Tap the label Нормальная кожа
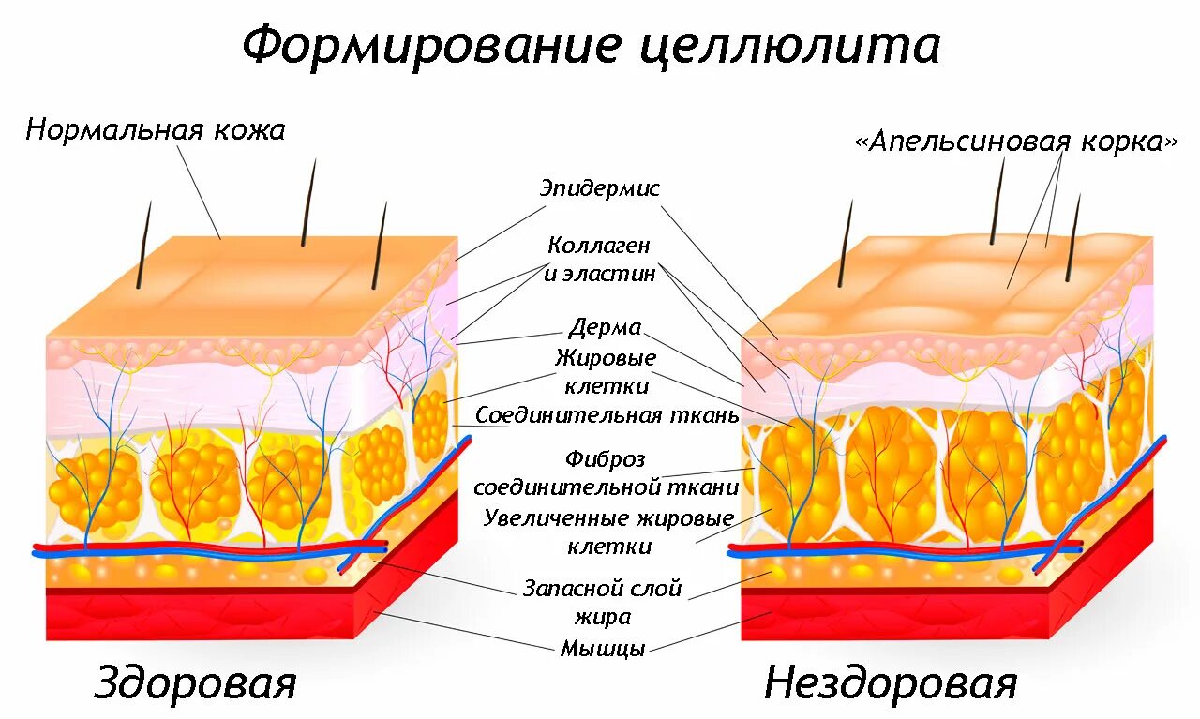(x=156, y=129)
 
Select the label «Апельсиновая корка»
(x=1016, y=142)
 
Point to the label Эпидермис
(x=600, y=188)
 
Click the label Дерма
(x=605, y=328)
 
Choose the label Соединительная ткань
(x=607, y=414)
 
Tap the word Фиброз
(x=606, y=460)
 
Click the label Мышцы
(x=603, y=648)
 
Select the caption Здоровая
(x=195, y=683)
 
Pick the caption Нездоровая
(x=890, y=683)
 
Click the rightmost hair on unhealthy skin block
(x=1073, y=238)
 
